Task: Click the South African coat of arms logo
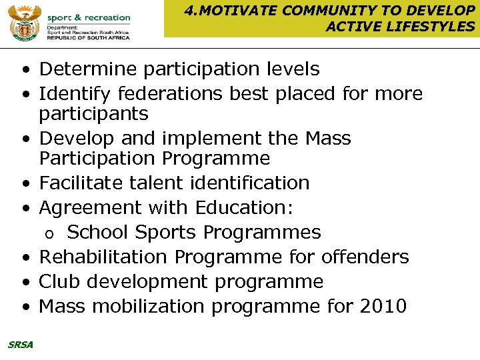[x=25, y=22]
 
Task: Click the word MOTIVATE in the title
[x=235, y=10]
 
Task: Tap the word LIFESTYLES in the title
[x=433, y=26]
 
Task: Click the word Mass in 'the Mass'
[x=327, y=138]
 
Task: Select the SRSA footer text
[x=21, y=344]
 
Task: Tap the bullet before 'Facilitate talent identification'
[x=25, y=183]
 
